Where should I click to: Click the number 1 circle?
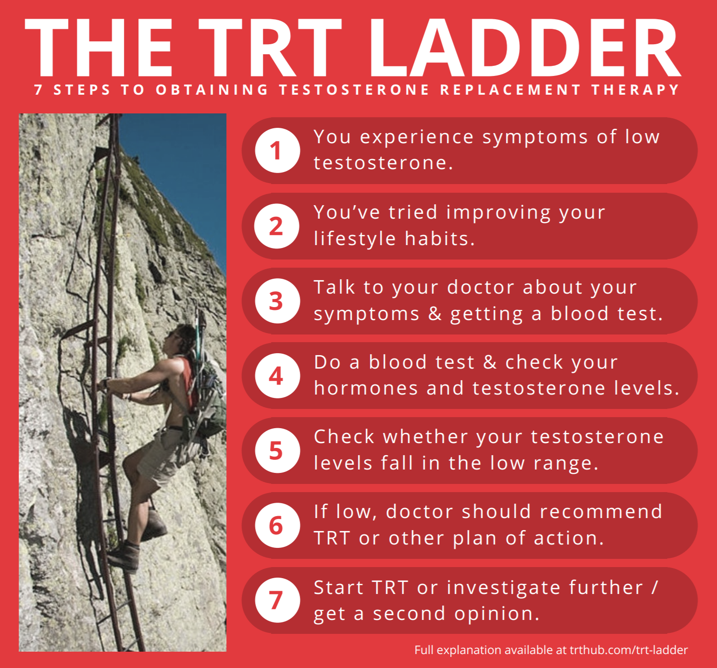(277, 150)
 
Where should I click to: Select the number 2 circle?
(277, 226)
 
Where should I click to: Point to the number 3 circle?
(277, 301)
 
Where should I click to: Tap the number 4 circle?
(277, 375)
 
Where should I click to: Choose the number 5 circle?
(277, 450)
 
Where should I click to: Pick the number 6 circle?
(277, 525)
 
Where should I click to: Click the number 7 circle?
(277, 600)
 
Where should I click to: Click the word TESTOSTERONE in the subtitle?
(355, 89)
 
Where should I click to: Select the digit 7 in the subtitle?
(38, 89)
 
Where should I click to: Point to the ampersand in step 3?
(435, 313)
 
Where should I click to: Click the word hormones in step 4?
(366, 388)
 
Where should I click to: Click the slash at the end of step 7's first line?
(655, 587)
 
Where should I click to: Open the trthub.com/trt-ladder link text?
(629, 650)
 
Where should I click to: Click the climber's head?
(179, 340)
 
